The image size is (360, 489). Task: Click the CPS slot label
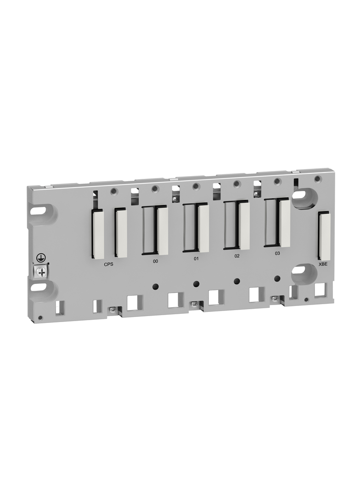pos(108,264)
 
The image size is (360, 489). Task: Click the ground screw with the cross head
pos(42,272)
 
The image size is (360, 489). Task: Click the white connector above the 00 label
pos(163,231)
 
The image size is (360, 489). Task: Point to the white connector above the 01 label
pos(203,228)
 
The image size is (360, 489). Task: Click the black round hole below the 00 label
pos(156,286)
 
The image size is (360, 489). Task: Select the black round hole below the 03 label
pos(277,278)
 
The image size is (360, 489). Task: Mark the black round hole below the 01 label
pos(197,283)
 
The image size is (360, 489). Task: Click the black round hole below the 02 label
pos(237,281)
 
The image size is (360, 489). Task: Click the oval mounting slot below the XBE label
pos(299,270)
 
